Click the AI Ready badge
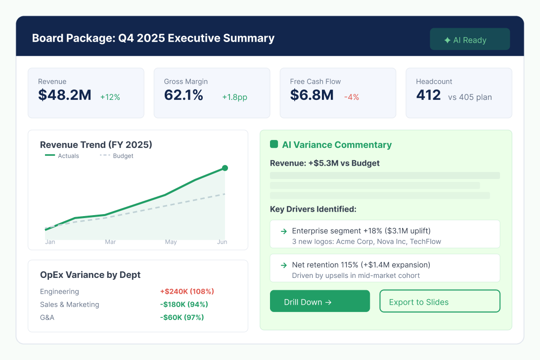click(x=470, y=39)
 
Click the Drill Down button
click(x=320, y=301)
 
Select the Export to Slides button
click(x=440, y=301)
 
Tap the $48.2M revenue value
click(x=65, y=95)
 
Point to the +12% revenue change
click(x=110, y=97)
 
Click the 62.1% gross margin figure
click(x=183, y=95)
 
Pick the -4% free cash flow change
click(x=352, y=97)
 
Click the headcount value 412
click(x=428, y=95)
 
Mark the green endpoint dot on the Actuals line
click(x=225, y=168)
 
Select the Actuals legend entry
click(x=62, y=156)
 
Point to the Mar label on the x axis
click(x=110, y=242)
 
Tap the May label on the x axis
click(x=171, y=242)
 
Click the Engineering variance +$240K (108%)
click(x=187, y=291)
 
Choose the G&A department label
click(x=47, y=317)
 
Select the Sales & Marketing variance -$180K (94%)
click(x=184, y=305)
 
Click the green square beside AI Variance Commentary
click(x=274, y=144)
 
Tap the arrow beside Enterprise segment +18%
click(x=284, y=231)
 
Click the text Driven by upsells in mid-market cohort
click(x=356, y=275)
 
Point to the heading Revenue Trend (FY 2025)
click(x=96, y=145)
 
